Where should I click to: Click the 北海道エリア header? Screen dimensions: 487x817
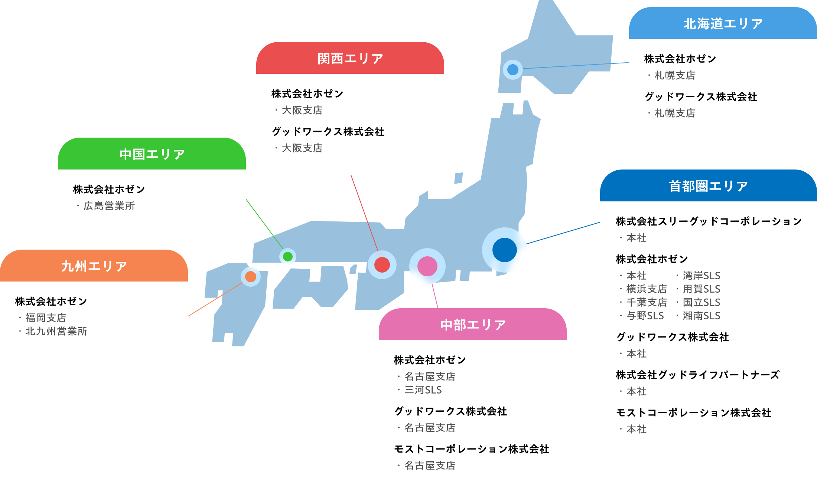[x=723, y=24]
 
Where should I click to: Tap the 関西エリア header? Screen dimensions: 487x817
[x=350, y=59]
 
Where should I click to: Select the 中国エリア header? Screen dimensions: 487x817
[x=152, y=154]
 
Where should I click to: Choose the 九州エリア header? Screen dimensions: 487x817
[x=94, y=266]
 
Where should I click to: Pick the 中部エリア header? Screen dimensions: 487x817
[x=473, y=325]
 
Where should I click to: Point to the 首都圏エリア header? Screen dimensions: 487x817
[x=708, y=186]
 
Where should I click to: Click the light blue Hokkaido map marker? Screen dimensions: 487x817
[x=513, y=69]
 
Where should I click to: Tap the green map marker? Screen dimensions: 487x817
[x=288, y=256]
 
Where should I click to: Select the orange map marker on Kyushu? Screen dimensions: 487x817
[x=251, y=277]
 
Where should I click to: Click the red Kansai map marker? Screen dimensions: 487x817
[x=382, y=265]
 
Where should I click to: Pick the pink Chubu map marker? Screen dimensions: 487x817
[x=427, y=266]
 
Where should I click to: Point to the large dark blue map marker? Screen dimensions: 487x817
[x=504, y=250]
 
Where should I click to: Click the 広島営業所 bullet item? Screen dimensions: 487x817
[x=109, y=206]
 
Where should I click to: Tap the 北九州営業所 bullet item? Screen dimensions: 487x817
[x=56, y=331]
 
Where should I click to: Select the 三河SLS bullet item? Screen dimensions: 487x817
[x=423, y=390]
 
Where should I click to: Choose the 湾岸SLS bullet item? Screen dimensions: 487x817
[x=701, y=276]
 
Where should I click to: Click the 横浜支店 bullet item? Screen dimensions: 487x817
[x=646, y=289]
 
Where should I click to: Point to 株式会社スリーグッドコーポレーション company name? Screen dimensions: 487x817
[x=709, y=221]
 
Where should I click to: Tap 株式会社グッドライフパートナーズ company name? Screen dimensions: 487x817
[x=697, y=375]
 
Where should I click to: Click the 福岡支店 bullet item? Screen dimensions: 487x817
[x=46, y=318]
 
